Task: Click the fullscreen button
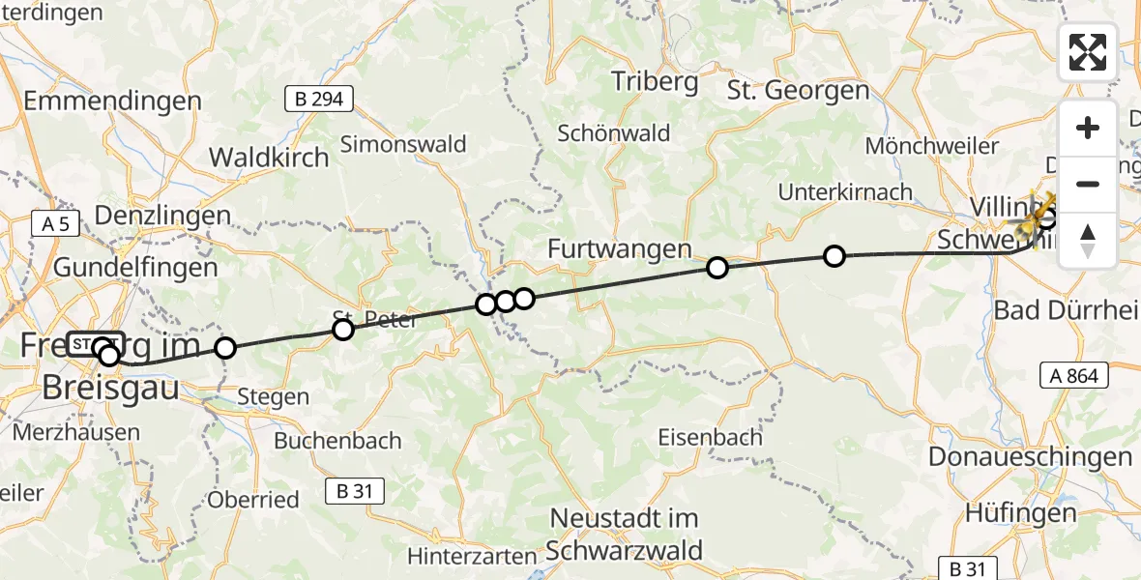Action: [x=1088, y=52]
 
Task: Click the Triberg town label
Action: [x=655, y=81]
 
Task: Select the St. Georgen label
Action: [x=799, y=91]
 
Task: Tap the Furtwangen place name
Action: [x=619, y=248]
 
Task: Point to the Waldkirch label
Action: [x=269, y=157]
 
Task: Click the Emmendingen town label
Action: [x=112, y=101]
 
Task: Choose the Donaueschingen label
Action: [x=1029, y=456]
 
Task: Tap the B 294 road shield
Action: [x=318, y=98]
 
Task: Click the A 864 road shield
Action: [x=1074, y=375]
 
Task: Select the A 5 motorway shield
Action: [x=55, y=224]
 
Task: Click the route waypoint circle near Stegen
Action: [x=224, y=347]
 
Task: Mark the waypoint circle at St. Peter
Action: [x=343, y=331]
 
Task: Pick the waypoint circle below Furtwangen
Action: [x=717, y=268]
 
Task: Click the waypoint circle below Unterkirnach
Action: [x=834, y=256]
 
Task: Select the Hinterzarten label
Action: [x=471, y=557]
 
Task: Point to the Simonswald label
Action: [x=403, y=145]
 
